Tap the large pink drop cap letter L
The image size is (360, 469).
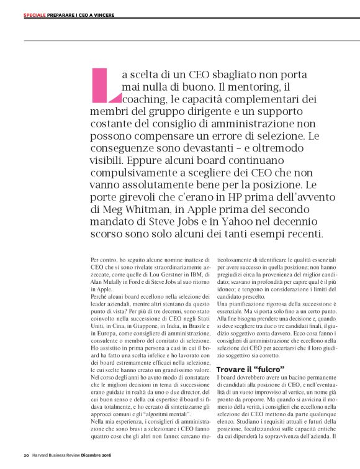[x=105, y=83]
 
